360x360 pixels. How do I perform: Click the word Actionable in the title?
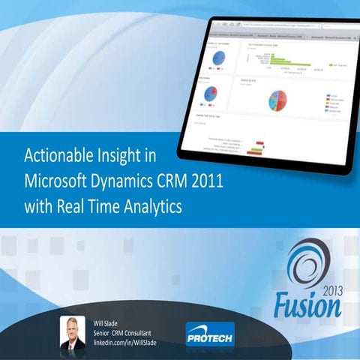(56, 157)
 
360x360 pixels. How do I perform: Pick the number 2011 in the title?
(213, 181)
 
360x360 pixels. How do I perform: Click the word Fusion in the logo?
(305, 304)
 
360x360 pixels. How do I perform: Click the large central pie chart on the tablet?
(277, 102)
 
